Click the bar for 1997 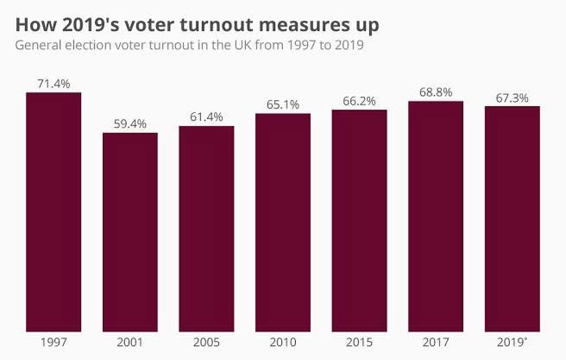(53, 212)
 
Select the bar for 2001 (130, 233)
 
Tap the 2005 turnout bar (206, 230)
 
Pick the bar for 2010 (283, 223)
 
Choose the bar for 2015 (359, 221)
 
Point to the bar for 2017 (436, 217)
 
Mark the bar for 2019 (513, 219)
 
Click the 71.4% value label (53, 83)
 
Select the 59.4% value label (130, 123)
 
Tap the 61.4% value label (206, 117)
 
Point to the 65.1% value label (283, 104)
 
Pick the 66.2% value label (359, 100)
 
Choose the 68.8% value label (436, 92)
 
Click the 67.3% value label (513, 97)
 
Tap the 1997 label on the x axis (53, 343)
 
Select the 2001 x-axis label (130, 343)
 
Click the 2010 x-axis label (283, 343)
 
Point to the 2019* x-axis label (513, 343)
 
